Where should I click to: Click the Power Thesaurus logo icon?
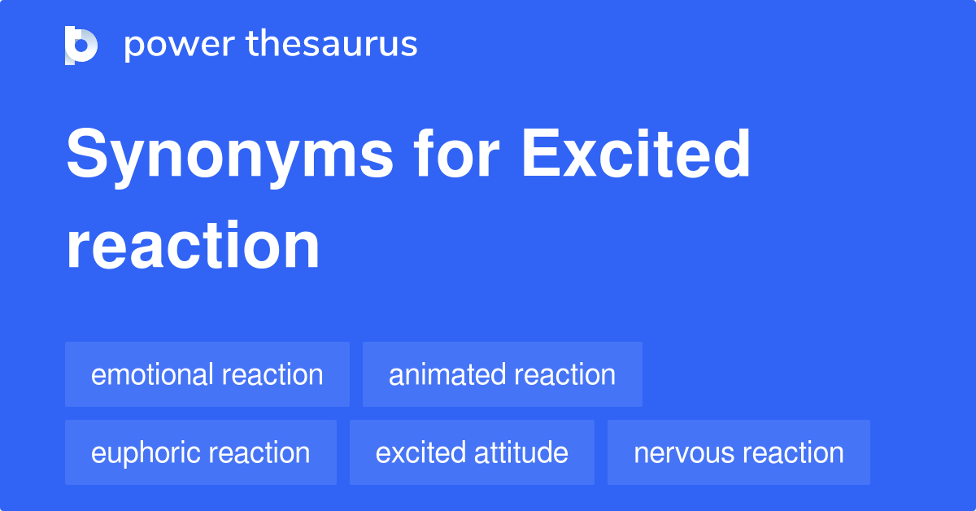[81, 45]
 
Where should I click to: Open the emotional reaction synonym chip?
[207, 374]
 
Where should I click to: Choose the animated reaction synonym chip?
[502, 374]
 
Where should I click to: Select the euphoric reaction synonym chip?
[200, 452]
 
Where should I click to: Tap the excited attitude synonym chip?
[472, 452]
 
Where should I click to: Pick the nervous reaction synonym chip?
[739, 452]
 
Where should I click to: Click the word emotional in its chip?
[151, 374]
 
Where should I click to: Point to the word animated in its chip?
[442, 374]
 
